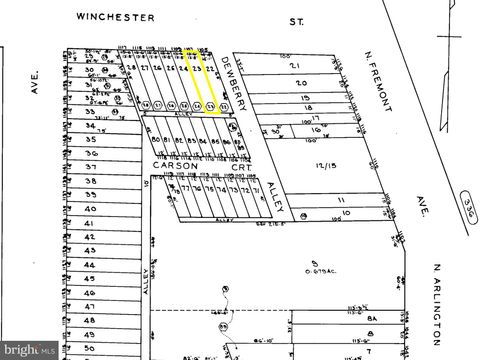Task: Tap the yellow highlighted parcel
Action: click(204, 80)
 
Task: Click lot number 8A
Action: click(369, 317)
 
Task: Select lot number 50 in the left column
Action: click(90, 347)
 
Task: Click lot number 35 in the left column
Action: click(90, 140)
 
